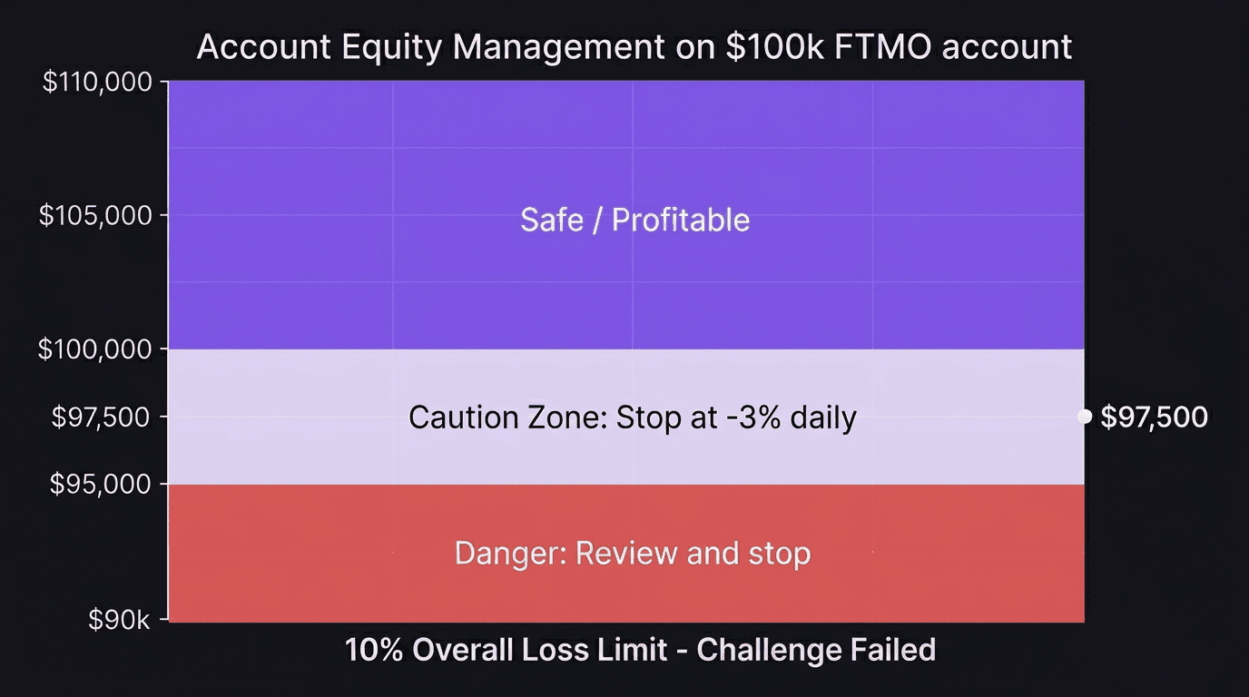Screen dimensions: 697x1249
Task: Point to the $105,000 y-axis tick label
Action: click(x=97, y=215)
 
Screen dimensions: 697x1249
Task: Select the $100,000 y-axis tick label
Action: click(x=97, y=348)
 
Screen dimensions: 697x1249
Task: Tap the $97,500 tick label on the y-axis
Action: click(x=103, y=417)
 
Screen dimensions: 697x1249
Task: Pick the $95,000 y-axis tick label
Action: click(x=103, y=485)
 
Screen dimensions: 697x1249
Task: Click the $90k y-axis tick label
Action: click(x=119, y=620)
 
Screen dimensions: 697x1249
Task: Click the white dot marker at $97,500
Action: click(x=1084, y=416)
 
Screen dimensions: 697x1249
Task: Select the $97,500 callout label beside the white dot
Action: click(x=1154, y=417)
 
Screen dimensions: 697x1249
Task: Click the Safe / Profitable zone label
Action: click(x=634, y=220)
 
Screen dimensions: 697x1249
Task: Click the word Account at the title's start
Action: click(x=262, y=46)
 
